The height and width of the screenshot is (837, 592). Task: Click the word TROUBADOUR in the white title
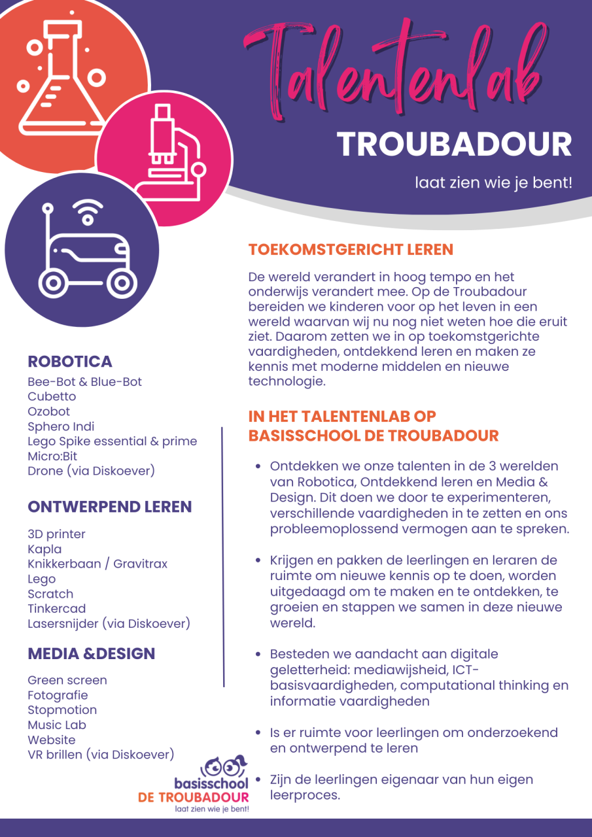[454, 145]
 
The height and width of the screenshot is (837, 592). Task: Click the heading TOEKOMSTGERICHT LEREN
[351, 250]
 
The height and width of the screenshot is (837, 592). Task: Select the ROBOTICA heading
[70, 362]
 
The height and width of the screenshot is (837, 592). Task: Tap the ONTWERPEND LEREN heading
[110, 507]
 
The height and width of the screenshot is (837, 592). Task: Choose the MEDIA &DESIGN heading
[92, 653]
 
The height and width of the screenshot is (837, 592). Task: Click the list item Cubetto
[52, 396]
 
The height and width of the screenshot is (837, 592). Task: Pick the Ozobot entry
[49, 411]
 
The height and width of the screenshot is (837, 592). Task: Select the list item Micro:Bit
[52, 456]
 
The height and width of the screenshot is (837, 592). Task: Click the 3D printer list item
[56, 534]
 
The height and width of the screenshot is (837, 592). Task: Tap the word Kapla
[44, 549]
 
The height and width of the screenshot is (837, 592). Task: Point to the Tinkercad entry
[56, 609]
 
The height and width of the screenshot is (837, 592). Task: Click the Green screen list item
[67, 680]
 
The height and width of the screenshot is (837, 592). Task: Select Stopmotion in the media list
[62, 710]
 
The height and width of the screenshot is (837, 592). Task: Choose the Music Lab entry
[57, 725]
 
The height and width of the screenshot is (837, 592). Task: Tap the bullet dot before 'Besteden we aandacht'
[258, 655]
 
